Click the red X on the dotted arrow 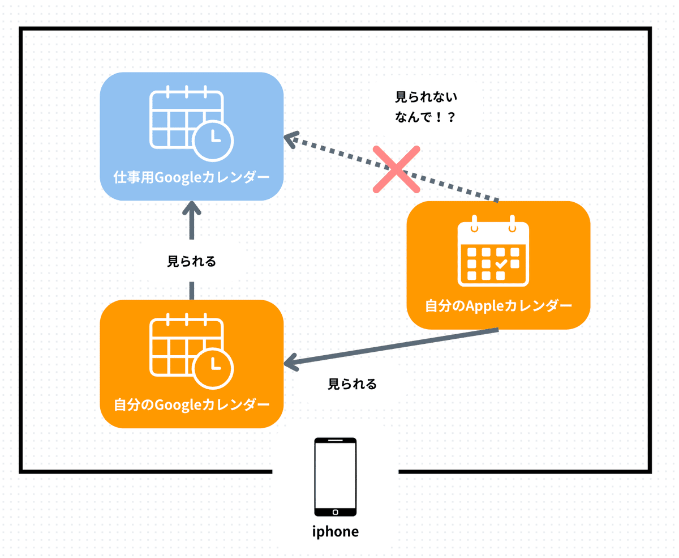[x=397, y=169]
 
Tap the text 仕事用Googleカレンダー [x=191, y=177]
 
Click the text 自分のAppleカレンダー [x=498, y=306]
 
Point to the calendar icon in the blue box [x=187, y=120]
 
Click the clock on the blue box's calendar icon [x=213, y=137]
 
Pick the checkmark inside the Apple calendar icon [x=501, y=263]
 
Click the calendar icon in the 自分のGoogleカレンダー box [x=187, y=348]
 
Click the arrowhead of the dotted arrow [x=291, y=138]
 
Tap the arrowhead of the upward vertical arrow [x=192, y=210]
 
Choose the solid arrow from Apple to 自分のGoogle [x=390, y=347]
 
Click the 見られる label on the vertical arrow [x=192, y=262]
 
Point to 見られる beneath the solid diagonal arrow [x=353, y=384]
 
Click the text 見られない [x=426, y=97]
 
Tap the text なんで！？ [x=426, y=118]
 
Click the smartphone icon [x=336, y=476]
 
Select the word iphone [x=336, y=532]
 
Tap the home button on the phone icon [x=336, y=512]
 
